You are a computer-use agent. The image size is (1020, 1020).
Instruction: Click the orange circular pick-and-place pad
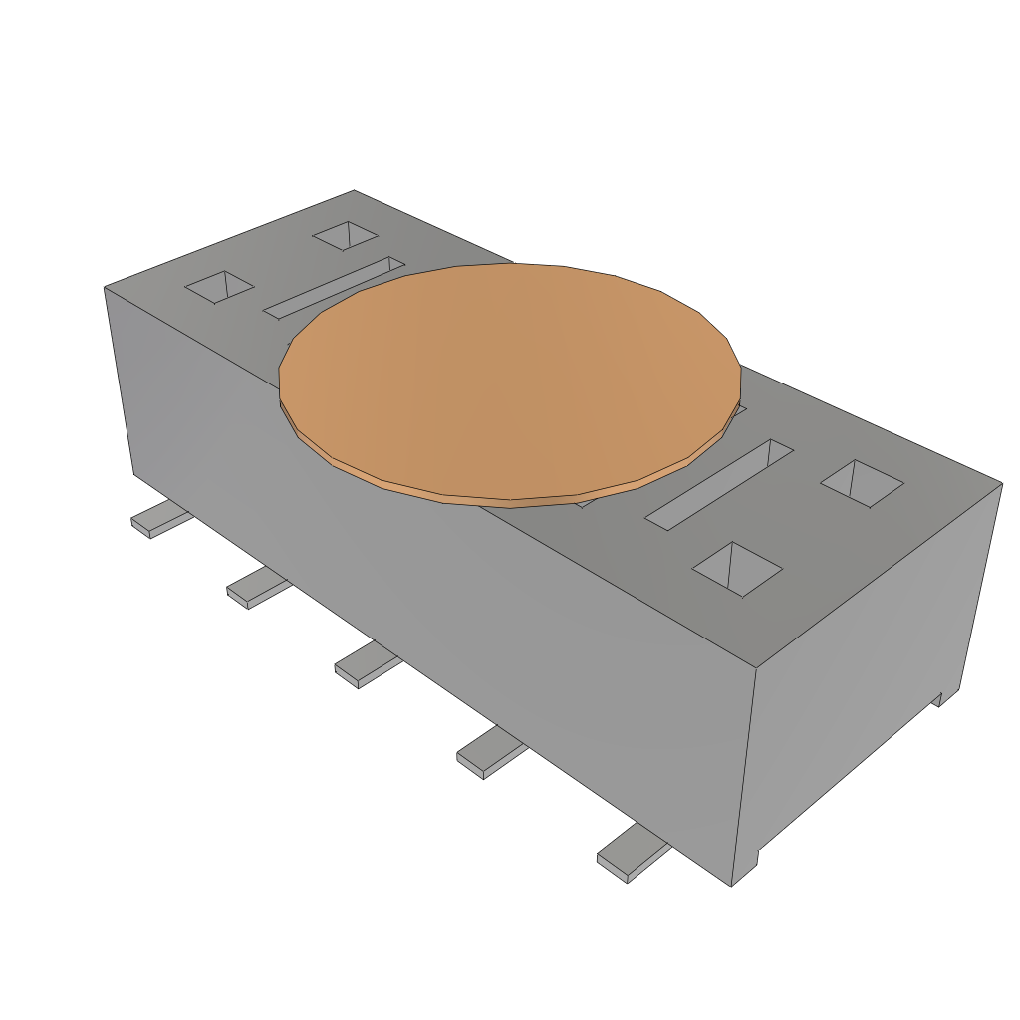[x=508, y=379]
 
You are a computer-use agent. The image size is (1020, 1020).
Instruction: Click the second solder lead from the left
[x=258, y=587]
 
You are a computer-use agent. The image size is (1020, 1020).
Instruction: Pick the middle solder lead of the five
[x=365, y=663]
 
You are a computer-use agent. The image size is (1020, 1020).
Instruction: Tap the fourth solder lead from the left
[x=489, y=752]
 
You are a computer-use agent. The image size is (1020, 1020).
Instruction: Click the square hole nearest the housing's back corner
[x=345, y=236]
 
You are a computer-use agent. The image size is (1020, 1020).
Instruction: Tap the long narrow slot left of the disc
[x=334, y=287]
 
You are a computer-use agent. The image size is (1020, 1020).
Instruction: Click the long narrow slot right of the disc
[x=719, y=482]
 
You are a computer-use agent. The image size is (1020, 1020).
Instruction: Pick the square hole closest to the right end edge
[x=862, y=482]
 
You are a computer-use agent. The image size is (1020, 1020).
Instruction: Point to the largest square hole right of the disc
[x=737, y=570]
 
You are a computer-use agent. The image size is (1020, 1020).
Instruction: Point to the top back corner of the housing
[x=354, y=190]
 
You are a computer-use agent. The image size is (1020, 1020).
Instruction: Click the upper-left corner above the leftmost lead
[x=105, y=288]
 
